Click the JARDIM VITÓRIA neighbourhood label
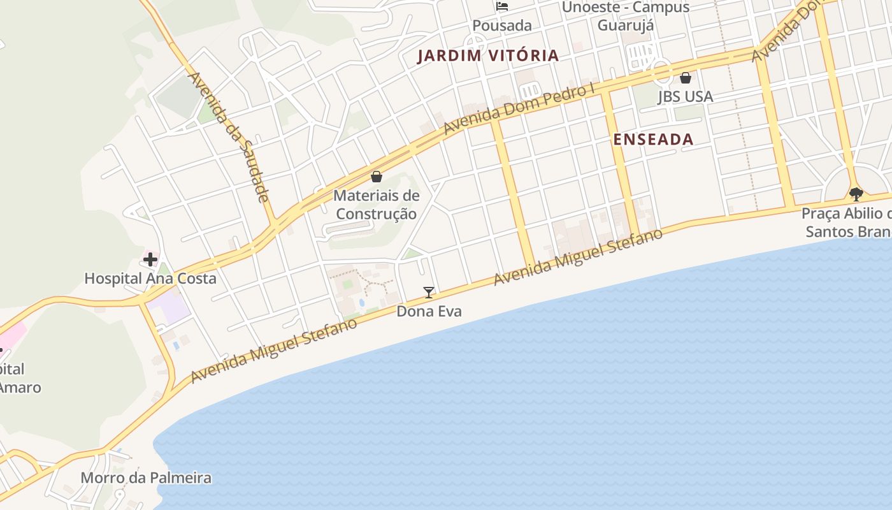tap(488, 55)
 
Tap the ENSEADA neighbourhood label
tap(653, 140)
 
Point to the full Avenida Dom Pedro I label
tap(519, 109)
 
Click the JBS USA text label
tap(685, 97)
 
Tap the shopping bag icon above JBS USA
tap(686, 78)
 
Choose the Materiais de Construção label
tap(377, 205)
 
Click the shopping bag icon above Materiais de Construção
tap(377, 177)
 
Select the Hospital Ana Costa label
tap(150, 279)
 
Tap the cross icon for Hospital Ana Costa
tap(150, 259)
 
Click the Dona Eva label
tap(429, 311)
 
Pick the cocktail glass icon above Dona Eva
tap(429, 293)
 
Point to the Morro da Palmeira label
tap(146, 477)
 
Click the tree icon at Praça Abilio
tap(856, 193)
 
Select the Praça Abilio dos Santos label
tap(847, 222)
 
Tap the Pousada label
tap(502, 25)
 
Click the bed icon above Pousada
tap(502, 7)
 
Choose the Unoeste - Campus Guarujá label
tap(626, 17)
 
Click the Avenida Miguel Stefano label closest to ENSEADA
tap(577, 256)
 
